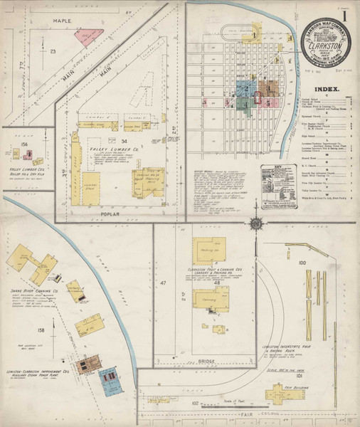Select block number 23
coord(53,52)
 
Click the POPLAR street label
coord(105,212)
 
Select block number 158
coord(41,330)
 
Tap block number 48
coord(216,283)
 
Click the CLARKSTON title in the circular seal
coord(322,42)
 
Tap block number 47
coord(162,283)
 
